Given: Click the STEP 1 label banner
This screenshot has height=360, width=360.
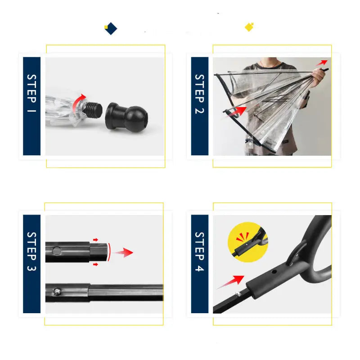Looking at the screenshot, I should (32, 106).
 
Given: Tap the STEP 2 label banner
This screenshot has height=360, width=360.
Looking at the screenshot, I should (200, 106).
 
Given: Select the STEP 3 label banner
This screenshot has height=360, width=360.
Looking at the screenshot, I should (32, 264).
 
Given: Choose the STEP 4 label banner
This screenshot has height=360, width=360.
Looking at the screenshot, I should (200, 264).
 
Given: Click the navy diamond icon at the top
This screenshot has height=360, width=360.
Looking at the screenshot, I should (111, 29).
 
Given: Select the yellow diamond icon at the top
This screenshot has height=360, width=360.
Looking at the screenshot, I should (249, 27).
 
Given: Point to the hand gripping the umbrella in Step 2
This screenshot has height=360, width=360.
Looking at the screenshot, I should (318, 77).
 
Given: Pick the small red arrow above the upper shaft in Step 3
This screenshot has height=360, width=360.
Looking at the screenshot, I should (95, 240).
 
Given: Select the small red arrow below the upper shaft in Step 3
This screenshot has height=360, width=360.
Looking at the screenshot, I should (95, 264).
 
